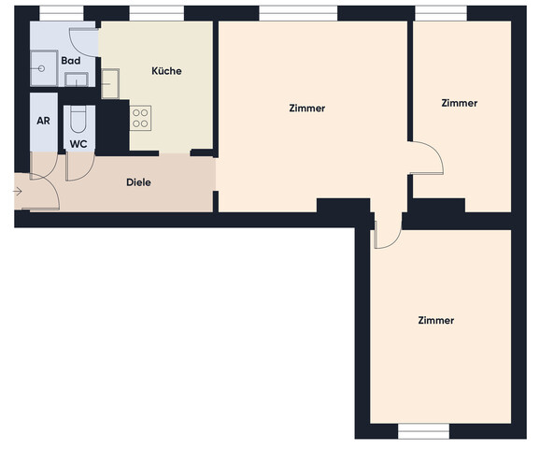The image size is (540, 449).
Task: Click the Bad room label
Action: [70, 61]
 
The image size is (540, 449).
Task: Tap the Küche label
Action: [166, 71]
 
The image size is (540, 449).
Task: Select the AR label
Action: [43, 121]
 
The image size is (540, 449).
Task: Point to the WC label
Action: [78, 145]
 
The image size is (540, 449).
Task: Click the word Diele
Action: [138, 182]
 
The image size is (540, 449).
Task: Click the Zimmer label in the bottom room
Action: [436, 320]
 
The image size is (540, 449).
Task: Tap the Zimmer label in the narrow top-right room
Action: [460, 103]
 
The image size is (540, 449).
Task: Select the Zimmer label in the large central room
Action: [307, 109]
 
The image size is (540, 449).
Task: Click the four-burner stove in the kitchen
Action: [140, 118]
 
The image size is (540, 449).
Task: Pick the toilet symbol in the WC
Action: [78, 120]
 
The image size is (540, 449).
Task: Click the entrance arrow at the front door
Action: [19, 192]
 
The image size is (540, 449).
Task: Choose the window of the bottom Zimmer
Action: [424, 431]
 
